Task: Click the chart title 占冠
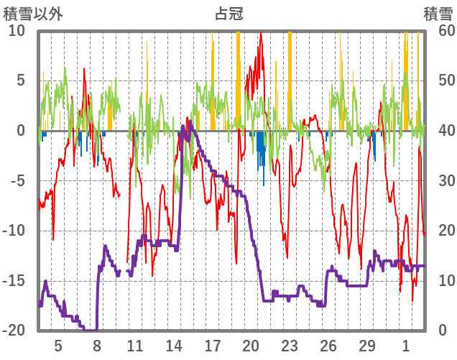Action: coord(228,12)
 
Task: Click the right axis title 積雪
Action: coord(438,12)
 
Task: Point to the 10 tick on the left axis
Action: coord(17,30)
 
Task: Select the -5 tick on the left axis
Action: coord(17,180)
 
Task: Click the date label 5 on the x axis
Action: coord(58,346)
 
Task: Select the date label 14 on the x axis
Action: coord(174,346)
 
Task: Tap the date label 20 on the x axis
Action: coord(251,346)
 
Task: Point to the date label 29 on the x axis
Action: coord(366,346)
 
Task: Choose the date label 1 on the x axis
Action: coord(405,346)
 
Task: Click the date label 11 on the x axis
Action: coord(135,346)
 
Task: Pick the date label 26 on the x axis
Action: coord(328,346)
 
